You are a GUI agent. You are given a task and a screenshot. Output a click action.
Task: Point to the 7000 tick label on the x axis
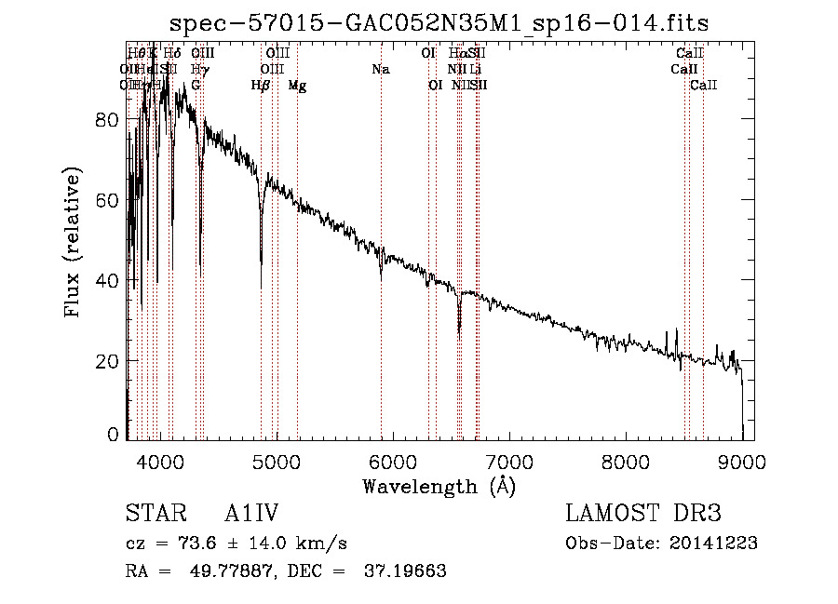[509, 462]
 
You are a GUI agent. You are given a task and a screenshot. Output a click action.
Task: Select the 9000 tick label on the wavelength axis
[742, 462]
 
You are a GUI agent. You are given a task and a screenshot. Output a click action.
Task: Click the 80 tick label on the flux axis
[109, 120]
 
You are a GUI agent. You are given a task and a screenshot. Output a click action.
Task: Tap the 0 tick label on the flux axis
[115, 434]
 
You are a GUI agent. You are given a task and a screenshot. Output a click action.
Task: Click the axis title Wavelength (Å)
[439, 486]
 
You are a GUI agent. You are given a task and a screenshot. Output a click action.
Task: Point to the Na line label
[380, 70]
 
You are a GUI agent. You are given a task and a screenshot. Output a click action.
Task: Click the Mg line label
[297, 86]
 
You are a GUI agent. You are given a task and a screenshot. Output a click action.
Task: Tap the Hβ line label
[261, 86]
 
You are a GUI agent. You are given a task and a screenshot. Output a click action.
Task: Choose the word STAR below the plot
[151, 515]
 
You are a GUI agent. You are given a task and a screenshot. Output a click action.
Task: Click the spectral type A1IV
[251, 515]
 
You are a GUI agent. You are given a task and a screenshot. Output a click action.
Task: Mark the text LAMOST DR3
[643, 515]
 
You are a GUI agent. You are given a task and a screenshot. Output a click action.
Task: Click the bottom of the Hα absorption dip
[459, 333]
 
